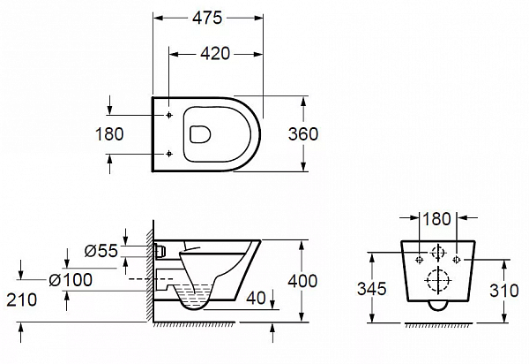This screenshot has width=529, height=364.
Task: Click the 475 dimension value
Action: [x=207, y=18]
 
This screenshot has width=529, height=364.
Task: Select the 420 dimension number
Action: [x=215, y=53]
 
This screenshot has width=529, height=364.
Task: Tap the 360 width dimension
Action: [x=303, y=133]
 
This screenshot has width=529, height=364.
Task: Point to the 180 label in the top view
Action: [x=109, y=133]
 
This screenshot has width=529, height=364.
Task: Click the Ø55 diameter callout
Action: [x=101, y=251]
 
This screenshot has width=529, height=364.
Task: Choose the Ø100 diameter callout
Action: [x=71, y=280]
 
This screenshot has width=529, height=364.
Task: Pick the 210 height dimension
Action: [x=21, y=300]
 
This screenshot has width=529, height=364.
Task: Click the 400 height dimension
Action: [x=302, y=281]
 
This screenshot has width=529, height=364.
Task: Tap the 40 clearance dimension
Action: [x=256, y=298]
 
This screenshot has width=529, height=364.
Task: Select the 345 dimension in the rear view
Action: [x=372, y=289]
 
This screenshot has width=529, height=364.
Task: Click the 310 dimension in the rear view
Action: [x=504, y=291]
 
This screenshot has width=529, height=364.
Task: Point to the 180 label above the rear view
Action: [x=436, y=219]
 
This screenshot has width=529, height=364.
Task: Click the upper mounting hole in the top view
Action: [x=169, y=115]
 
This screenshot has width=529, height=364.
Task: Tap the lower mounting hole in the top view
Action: [x=169, y=154]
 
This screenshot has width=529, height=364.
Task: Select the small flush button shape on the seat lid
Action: [x=200, y=134]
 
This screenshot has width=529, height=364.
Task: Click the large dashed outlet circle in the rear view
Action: [x=438, y=280]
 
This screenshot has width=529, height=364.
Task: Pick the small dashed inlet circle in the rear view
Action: [x=438, y=252]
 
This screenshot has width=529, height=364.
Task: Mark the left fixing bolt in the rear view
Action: [x=420, y=260]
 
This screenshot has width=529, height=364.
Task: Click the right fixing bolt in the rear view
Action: [x=457, y=260]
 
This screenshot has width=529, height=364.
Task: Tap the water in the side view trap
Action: [x=196, y=297]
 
